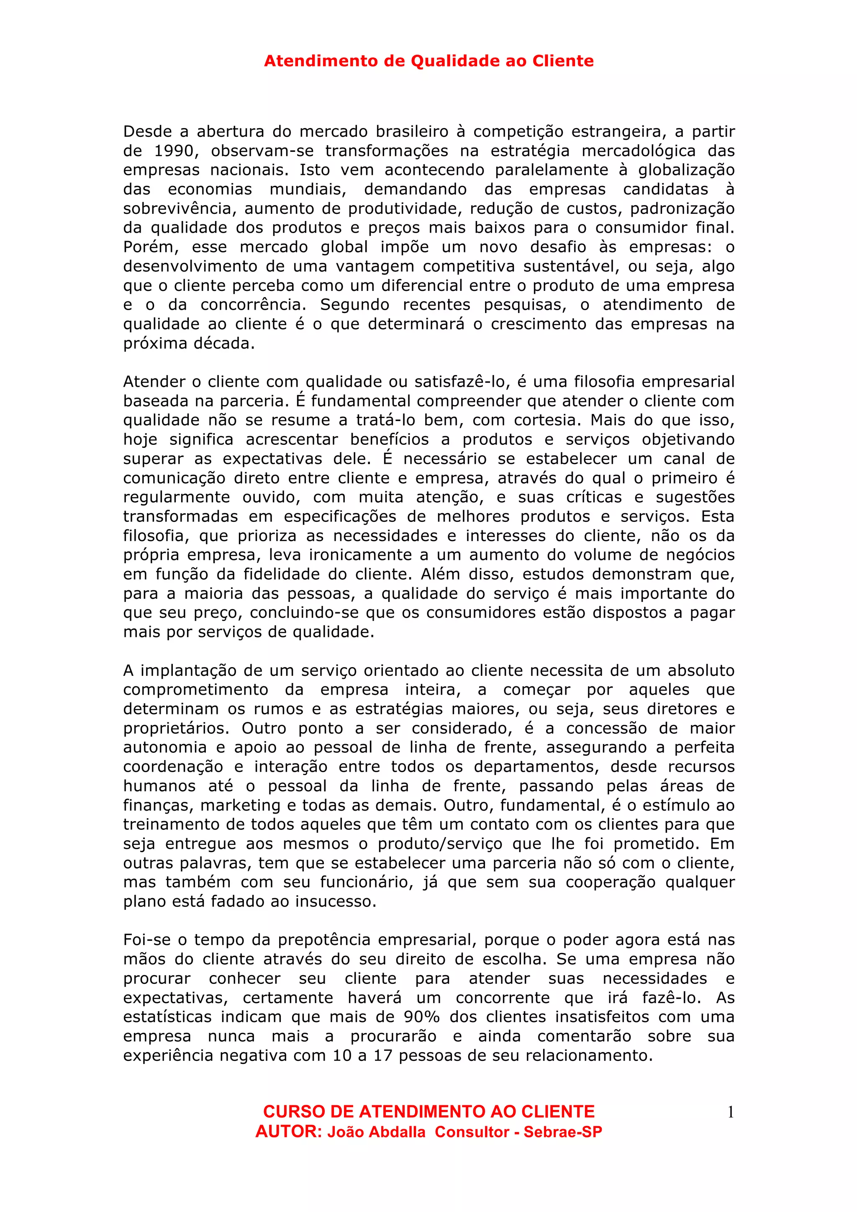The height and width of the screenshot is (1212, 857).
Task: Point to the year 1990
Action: click(176, 151)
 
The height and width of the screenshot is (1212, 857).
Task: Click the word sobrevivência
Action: click(180, 208)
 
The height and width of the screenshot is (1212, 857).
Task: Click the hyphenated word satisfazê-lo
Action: click(459, 382)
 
